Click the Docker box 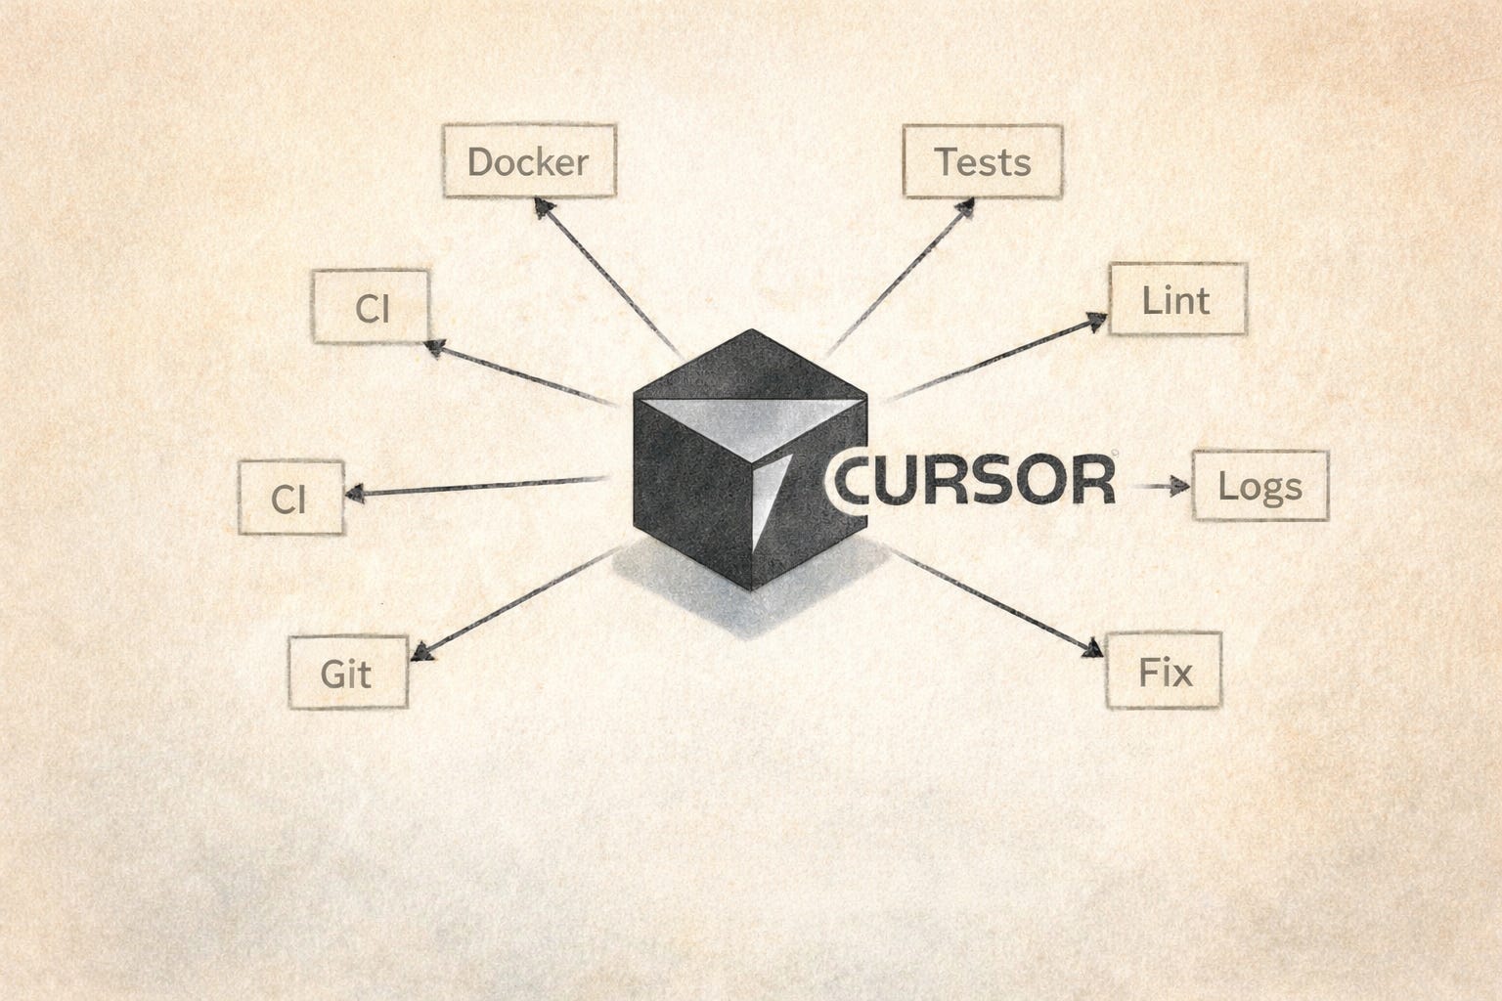click(529, 160)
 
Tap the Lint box click(1176, 299)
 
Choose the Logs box click(1259, 485)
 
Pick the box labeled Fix click(1164, 672)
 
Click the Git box click(347, 673)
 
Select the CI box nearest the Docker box click(371, 307)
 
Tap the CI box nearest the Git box click(290, 498)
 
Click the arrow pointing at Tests click(902, 277)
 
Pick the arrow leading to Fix click(993, 603)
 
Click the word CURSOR click(973, 481)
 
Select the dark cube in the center click(704, 489)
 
